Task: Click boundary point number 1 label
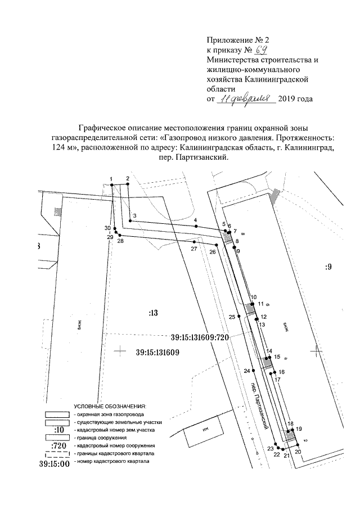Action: pyautogui.click(x=111, y=179)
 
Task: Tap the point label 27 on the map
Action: pyautogui.click(x=193, y=249)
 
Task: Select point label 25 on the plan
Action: pyautogui.click(x=232, y=317)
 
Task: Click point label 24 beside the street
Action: pyautogui.click(x=246, y=371)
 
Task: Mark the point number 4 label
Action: pyautogui.click(x=195, y=220)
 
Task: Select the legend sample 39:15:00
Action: pyautogui.click(x=54, y=464)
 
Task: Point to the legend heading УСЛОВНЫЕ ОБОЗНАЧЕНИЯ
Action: pyautogui.click(x=110, y=405)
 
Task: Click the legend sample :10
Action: pyautogui.click(x=58, y=430)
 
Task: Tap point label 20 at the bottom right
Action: pyautogui.click(x=298, y=452)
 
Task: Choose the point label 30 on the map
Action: pyautogui.click(x=107, y=228)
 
